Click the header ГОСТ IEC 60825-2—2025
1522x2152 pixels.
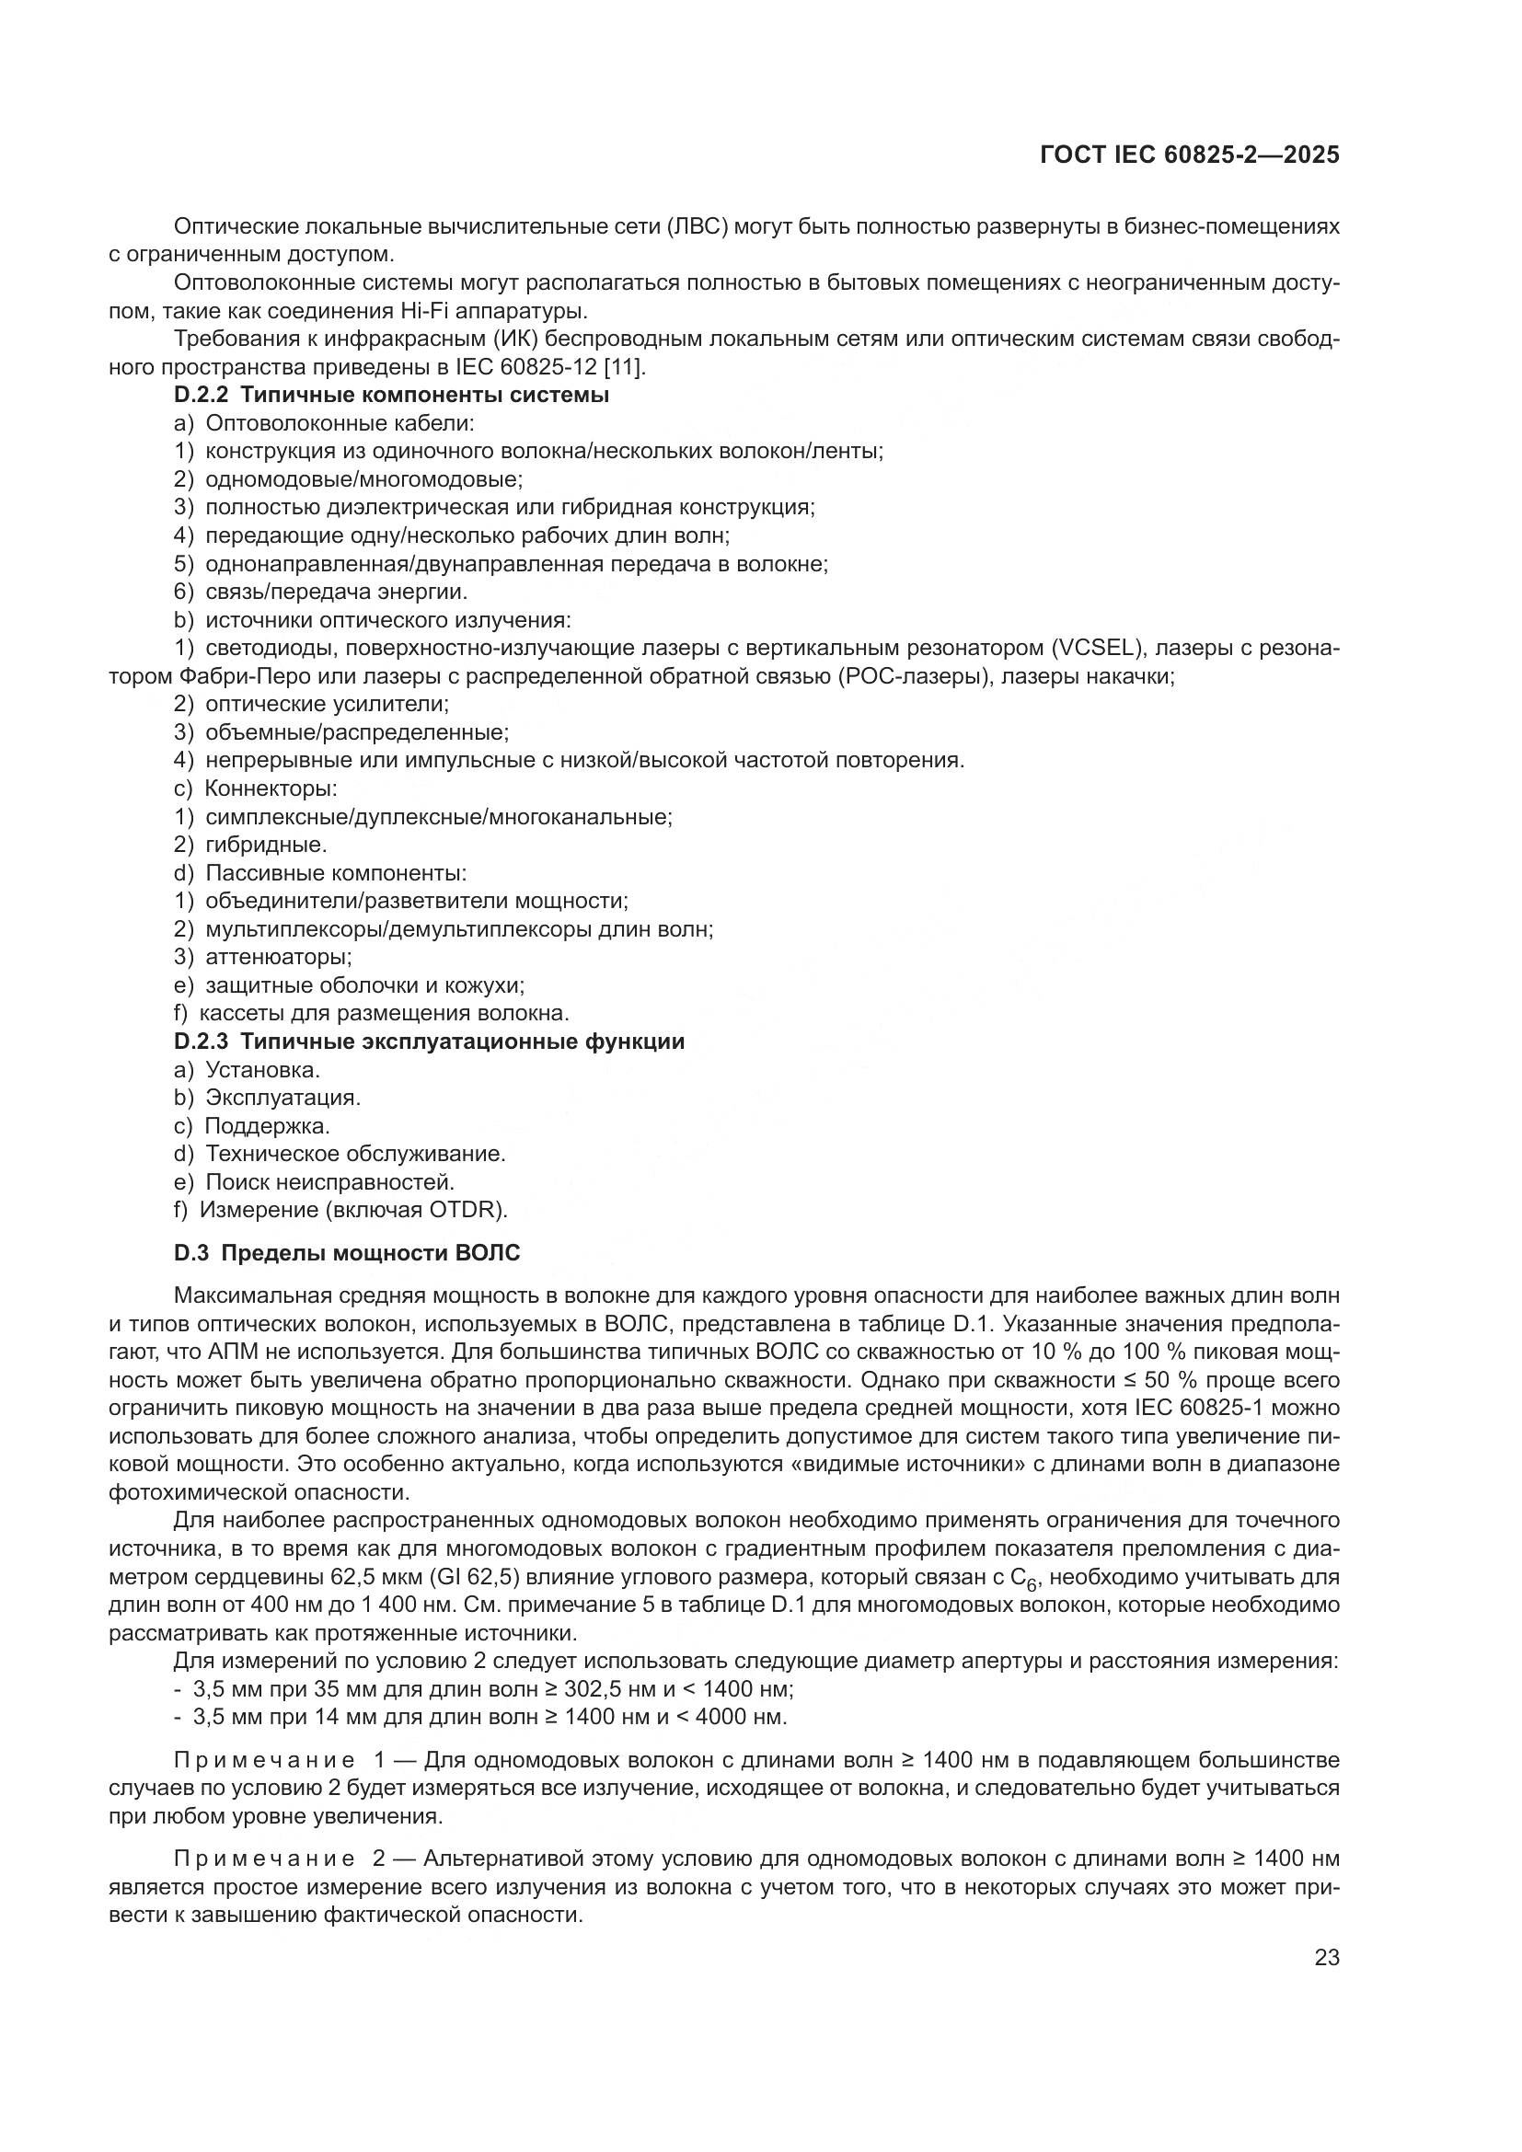tap(1189, 155)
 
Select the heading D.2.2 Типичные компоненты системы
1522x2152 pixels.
tap(392, 396)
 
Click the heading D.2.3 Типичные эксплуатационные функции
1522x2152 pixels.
tap(429, 1041)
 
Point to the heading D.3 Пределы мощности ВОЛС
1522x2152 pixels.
tap(347, 1253)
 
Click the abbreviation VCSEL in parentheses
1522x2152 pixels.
tap(1096, 649)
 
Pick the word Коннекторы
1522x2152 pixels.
tap(271, 788)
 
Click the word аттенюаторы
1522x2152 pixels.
tap(278, 957)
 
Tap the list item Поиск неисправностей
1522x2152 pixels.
tap(330, 1182)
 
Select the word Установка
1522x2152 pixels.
tap(262, 1069)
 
